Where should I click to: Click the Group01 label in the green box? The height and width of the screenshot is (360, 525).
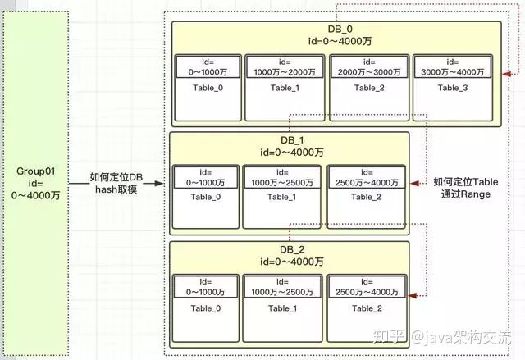tap(35, 171)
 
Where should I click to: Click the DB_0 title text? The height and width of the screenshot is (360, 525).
tap(340, 29)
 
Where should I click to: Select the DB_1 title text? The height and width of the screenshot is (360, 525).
tap(292, 140)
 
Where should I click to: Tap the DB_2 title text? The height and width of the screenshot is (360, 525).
tap(292, 249)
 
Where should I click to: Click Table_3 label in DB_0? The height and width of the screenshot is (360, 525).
tap(453, 88)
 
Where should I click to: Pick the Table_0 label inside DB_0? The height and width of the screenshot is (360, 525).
tap(208, 88)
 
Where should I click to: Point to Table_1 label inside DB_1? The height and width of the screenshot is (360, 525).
tap(281, 197)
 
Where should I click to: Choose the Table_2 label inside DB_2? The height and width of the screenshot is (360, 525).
tap(367, 308)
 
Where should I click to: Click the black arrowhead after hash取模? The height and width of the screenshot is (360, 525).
tap(158, 184)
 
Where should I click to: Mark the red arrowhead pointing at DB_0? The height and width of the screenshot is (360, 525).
tap(507, 74)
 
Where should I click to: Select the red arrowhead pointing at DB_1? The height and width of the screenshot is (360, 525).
tap(414, 184)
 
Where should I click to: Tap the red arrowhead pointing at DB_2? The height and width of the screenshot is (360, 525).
tap(413, 295)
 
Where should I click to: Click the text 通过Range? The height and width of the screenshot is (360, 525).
tap(466, 194)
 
